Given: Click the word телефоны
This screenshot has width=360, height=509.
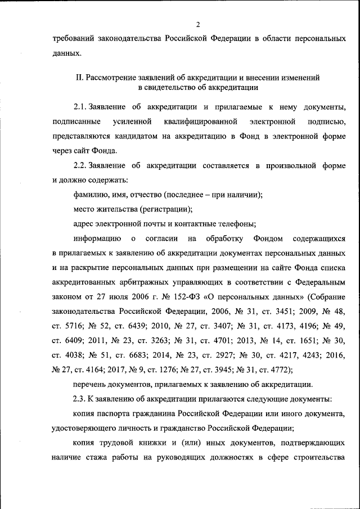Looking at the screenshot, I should click(x=237, y=224).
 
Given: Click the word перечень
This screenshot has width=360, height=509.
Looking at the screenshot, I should click(x=91, y=385).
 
